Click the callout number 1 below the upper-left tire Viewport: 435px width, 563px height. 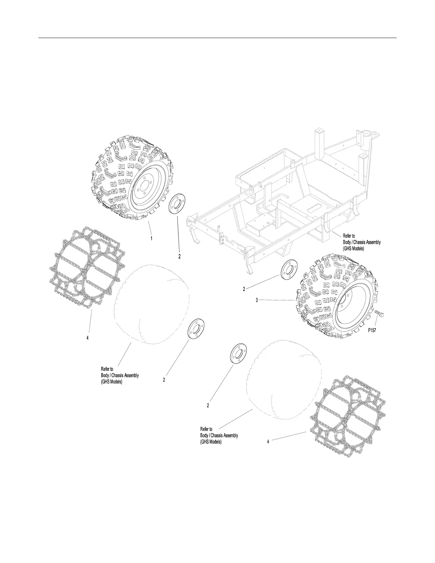pyautogui.click(x=151, y=239)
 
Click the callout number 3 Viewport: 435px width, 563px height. pyautogui.click(x=257, y=300)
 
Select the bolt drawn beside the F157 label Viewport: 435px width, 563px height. pyautogui.click(x=379, y=315)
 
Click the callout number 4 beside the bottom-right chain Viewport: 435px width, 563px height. pyautogui.click(x=268, y=441)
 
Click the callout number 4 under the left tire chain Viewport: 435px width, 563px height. pyautogui.click(x=87, y=338)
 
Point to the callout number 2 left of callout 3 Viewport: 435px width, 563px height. pyautogui.click(x=244, y=289)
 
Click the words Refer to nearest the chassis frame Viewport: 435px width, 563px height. pyautogui.click(x=349, y=236)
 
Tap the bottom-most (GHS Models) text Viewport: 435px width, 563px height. pyautogui.click(x=211, y=442)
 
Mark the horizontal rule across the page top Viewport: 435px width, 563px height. pyautogui.click(x=217, y=38)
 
